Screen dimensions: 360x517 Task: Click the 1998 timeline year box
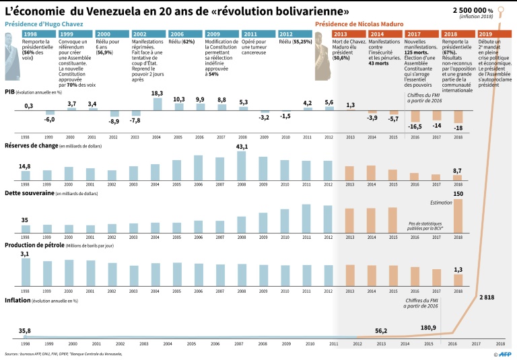[30, 34]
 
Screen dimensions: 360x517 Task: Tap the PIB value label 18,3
[157, 94]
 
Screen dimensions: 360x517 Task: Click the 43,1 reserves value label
[242, 146]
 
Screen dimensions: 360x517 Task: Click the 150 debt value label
[458, 194]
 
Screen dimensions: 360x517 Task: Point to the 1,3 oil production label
[458, 269]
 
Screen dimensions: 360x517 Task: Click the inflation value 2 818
[486, 297]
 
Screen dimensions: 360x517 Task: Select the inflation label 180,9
[428, 328]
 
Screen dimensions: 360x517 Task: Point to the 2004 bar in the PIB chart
[157, 104]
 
